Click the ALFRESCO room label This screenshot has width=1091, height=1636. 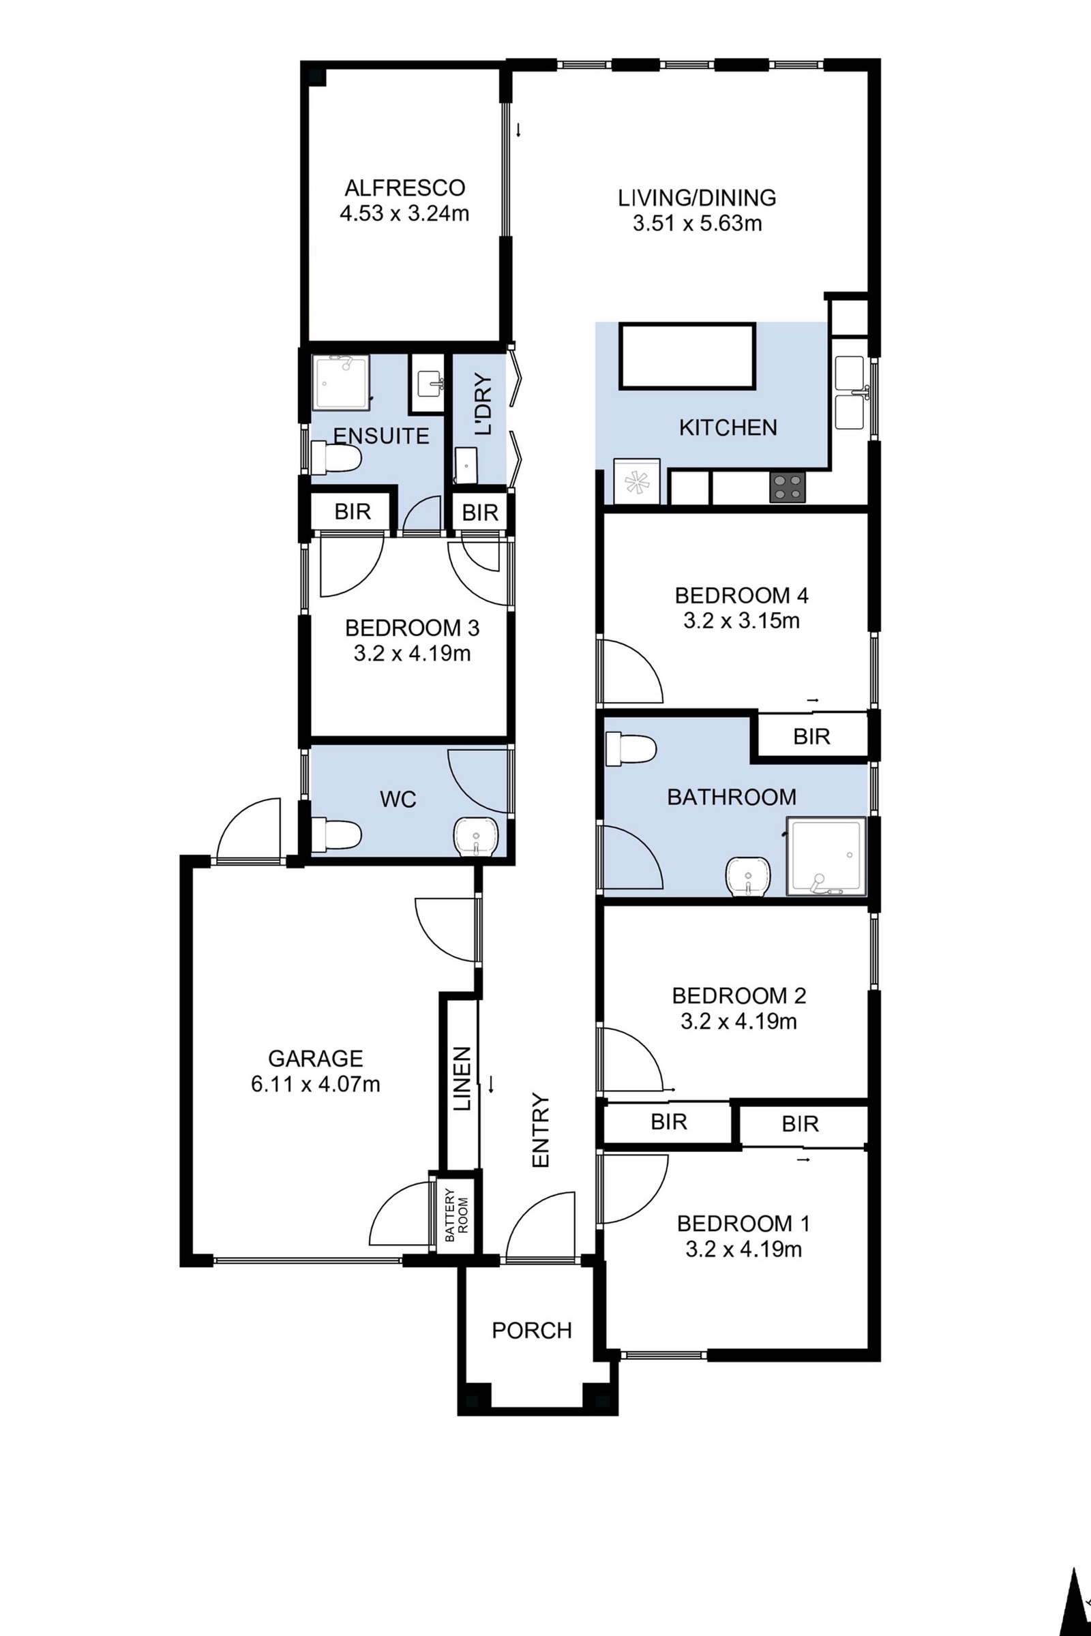click(404, 188)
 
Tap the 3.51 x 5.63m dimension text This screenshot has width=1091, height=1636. click(697, 224)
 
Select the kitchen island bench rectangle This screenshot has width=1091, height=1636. click(688, 355)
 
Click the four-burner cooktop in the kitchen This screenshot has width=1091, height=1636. click(788, 487)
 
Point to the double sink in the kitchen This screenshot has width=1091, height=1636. click(850, 393)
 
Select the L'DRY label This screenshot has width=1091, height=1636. click(482, 405)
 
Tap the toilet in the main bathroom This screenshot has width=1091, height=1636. click(630, 751)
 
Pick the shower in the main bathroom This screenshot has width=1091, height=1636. click(826, 856)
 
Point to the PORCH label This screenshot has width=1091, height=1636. click(532, 1330)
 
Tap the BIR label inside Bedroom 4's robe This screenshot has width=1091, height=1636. click(811, 737)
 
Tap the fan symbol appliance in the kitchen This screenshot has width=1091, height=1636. click(637, 481)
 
